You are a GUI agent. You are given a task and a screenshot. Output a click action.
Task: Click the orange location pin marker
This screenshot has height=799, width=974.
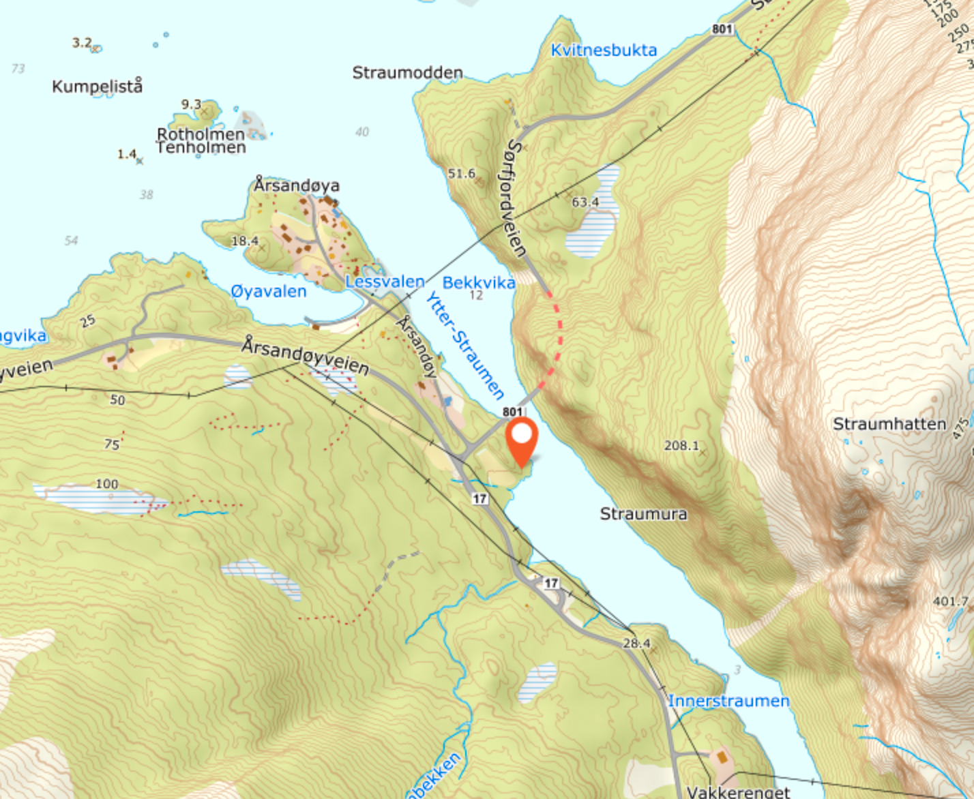522,440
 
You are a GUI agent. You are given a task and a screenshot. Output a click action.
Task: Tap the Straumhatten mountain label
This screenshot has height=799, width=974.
889,424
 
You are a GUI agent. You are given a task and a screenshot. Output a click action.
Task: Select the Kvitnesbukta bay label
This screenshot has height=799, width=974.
604,50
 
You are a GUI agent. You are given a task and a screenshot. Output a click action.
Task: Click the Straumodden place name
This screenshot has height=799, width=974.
407,72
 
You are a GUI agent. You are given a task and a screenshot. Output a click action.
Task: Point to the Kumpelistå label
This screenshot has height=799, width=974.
98,87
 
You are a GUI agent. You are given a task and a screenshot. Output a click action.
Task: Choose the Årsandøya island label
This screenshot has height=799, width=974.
297,185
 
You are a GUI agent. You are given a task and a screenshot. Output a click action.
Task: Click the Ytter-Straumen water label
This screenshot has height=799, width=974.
464,345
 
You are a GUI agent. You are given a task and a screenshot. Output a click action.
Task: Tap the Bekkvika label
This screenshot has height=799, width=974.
479,282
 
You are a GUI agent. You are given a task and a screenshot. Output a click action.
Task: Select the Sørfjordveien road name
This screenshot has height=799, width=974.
517,198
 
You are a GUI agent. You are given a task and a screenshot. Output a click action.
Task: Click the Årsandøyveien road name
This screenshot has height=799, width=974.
305,356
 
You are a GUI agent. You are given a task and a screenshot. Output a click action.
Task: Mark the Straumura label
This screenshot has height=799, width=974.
643,513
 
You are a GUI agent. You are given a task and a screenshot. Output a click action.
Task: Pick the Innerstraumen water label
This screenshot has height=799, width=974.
728,701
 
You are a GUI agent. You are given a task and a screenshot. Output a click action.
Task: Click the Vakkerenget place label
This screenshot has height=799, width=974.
738,792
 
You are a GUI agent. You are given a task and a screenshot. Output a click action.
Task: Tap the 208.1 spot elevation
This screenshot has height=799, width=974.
681,445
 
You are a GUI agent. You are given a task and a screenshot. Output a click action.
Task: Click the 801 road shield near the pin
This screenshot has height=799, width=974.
512,411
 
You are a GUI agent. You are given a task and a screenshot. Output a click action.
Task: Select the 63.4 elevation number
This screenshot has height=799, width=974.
585,202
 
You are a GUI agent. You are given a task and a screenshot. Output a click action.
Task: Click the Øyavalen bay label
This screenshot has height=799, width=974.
268,291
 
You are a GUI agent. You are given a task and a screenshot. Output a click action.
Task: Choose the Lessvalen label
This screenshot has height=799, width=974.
385,281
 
